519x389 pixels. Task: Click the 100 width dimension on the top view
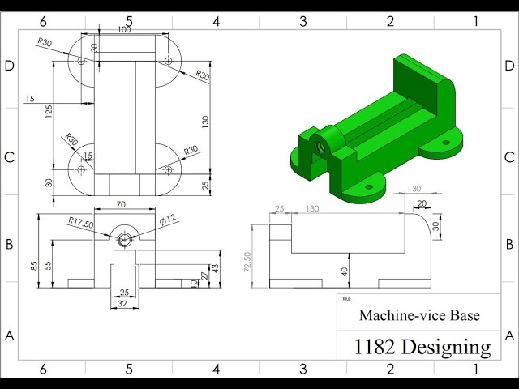pyautogui.click(x=123, y=30)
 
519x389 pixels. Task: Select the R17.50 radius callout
pyautogui.click(x=82, y=221)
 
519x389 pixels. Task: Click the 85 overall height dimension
pyautogui.click(x=35, y=265)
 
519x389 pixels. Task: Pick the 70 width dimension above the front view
pyautogui.click(x=121, y=205)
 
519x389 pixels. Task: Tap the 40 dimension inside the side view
pyautogui.click(x=345, y=271)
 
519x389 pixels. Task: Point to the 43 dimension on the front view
pyautogui.click(x=215, y=268)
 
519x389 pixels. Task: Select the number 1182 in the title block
pyautogui.click(x=374, y=347)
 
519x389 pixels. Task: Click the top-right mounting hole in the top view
pyautogui.click(x=168, y=61)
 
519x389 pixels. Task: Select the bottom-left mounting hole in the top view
pyautogui.click(x=81, y=169)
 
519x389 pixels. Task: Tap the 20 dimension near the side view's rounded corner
pyautogui.click(x=421, y=204)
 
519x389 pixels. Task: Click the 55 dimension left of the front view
pyautogui.click(x=49, y=265)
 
